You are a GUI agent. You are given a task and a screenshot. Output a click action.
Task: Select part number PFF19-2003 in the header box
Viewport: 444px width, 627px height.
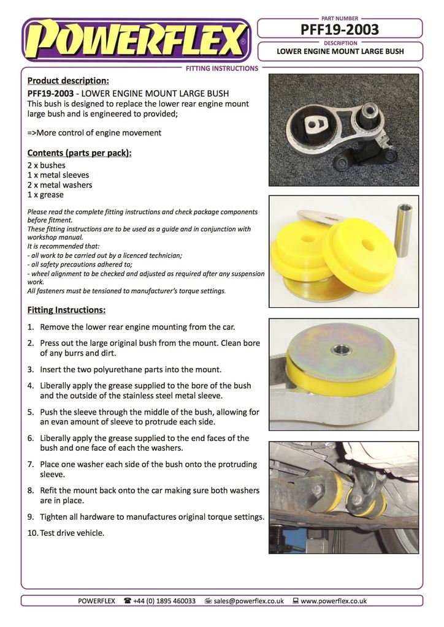(x=340, y=29)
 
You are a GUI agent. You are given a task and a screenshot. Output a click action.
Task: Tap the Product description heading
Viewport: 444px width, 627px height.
(x=68, y=80)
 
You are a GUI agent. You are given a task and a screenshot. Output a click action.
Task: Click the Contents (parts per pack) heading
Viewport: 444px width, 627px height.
(x=79, y=152)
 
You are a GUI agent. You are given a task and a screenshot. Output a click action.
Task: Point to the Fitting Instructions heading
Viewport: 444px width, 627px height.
(x=66, y=310)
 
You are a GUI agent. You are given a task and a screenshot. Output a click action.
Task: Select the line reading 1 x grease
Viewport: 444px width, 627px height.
(x=45, y=195)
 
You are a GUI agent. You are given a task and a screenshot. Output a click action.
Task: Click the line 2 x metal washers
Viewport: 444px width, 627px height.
(x=59, y=185)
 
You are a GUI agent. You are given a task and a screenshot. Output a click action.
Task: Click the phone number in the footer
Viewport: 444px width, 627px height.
(x=164, y=601)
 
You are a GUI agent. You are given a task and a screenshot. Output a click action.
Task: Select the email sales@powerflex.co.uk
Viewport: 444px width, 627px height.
(x=248, y=601)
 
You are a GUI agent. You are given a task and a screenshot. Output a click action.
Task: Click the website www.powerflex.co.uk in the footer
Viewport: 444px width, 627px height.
(x=333, y=601)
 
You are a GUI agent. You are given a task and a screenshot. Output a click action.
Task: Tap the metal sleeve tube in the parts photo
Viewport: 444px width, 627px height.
(x=403, y=230)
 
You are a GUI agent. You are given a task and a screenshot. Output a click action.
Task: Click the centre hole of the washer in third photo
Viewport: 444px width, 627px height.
(x=342, y=350)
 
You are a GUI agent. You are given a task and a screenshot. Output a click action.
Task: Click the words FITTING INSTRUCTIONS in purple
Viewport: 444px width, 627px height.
(x=221, y=69)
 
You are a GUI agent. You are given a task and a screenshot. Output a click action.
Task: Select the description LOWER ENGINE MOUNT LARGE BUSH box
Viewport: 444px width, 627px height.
(x=340, y=51)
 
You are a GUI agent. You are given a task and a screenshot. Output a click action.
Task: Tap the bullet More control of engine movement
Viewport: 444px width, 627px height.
(x=94, y=132)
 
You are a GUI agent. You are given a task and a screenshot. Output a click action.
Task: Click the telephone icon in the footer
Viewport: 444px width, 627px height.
(x=128, y=601)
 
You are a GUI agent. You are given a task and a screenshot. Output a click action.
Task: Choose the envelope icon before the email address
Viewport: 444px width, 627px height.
(x=208, y=601)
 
